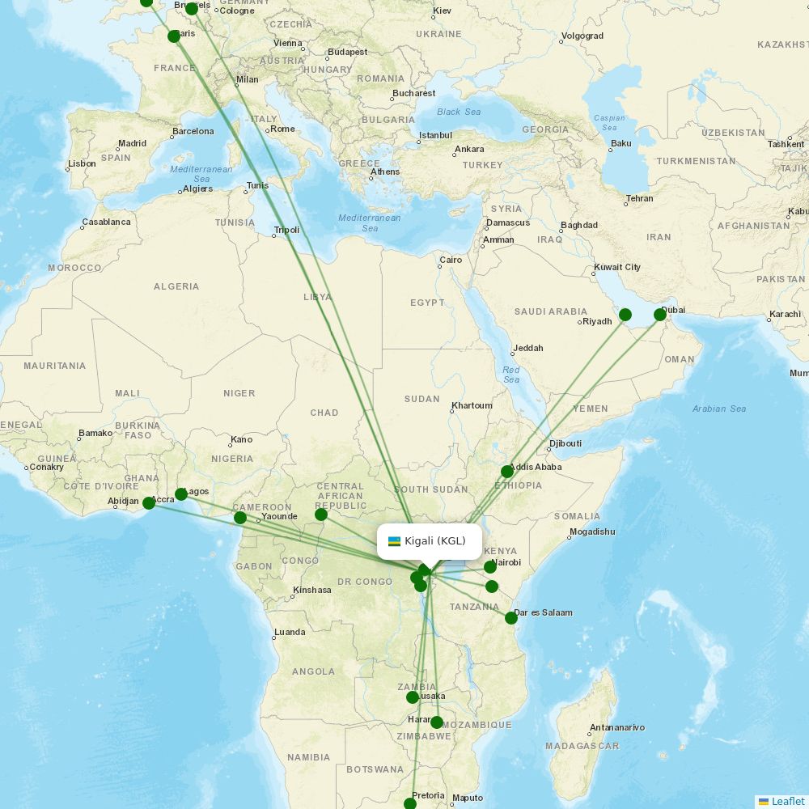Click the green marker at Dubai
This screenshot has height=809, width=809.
(x=660, y=315)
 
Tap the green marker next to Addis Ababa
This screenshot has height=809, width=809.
(x=507, y=472)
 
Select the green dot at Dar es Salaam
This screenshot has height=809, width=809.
(x=511, y=618)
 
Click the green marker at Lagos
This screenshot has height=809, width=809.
(x=181, y=494)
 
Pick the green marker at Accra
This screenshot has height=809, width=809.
(x=149, y=503)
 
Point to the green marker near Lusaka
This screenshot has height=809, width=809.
(x=413, y=697)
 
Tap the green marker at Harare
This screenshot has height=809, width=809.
(x=437, y=722)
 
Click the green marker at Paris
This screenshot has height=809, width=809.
(x=174, y=36)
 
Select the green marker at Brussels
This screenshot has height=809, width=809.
(x=192, y=9)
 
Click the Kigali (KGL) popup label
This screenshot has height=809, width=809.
(x=435, y=541)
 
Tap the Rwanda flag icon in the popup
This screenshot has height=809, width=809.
(x=395, y=541)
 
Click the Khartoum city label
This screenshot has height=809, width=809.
(x=472, y=405)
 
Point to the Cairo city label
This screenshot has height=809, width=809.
(x=451, y=260)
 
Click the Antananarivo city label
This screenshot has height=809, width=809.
(x=617, y=727)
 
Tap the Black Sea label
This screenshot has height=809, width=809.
(x=459, y=112)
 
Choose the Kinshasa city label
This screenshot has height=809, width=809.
(x=312, y=590)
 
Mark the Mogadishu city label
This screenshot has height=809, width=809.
(x=592, y=532)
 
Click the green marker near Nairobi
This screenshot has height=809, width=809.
(x=490, y=567)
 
